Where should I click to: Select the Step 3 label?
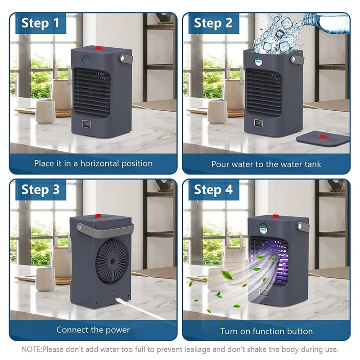(x=40, y=189)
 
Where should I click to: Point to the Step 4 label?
(x=213, y=189)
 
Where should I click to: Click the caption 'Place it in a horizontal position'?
(x=93, y=163)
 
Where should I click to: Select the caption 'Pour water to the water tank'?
(x=266, y=164)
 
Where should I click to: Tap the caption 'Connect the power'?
(x=93, y=330)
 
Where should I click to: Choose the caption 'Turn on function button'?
(x=266, y=331)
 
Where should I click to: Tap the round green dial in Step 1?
(x=86, y=59)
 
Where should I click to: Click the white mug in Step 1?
(x=45, y=111)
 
